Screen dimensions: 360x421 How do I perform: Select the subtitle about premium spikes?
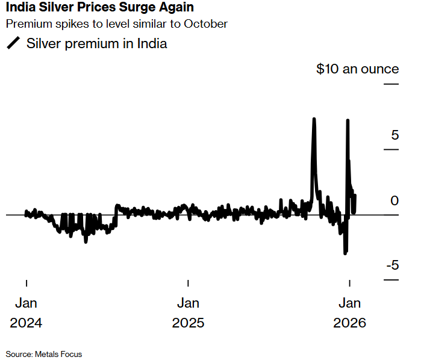(117, 25)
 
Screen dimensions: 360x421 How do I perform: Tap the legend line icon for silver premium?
(13, 44)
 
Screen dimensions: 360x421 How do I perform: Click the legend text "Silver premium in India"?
(96, 44)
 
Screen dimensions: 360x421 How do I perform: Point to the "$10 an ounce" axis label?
(357, 69)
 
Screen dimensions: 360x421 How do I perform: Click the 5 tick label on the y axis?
(395, 135)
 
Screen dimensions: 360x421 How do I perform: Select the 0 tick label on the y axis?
(394, 200)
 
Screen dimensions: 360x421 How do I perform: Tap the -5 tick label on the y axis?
(392, 265)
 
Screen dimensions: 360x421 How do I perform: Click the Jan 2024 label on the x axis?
(26, 312)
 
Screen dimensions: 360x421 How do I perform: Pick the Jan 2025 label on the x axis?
(188, 312)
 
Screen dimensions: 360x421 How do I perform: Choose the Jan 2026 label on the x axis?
(350, 312)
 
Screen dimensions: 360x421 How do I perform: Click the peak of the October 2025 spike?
(314, 119)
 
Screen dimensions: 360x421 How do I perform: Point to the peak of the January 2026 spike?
(347, 120)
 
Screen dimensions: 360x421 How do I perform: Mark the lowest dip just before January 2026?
(345, 253)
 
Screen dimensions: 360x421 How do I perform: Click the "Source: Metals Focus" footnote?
(44, 354)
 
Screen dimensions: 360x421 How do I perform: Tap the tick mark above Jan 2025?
(188, 283)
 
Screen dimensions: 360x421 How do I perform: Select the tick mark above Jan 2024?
(26, 283)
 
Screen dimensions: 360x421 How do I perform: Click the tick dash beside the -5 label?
(391, 280)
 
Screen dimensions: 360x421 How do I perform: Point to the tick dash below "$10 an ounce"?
(391, 84)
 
